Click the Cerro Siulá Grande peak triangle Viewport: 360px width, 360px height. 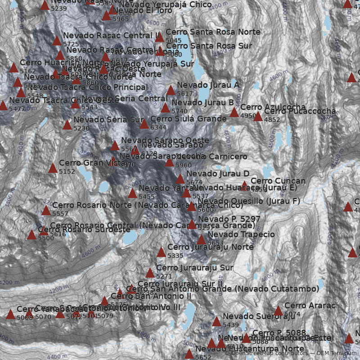pos(144,124)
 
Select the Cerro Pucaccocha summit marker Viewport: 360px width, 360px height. pos(258,117)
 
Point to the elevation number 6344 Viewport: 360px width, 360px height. pos(158,127)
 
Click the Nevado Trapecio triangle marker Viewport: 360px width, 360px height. pos(201,240)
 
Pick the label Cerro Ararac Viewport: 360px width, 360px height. pos(310,306)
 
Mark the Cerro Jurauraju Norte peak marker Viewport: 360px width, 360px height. pos(161,252)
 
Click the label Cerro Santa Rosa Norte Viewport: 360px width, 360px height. pos(213,32)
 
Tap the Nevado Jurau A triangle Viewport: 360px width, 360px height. pos(171,90)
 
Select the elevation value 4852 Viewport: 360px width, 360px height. pos(272,120)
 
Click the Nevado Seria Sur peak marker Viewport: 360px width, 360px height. pos(67,125)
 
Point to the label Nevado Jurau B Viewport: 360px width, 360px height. pos(202,103)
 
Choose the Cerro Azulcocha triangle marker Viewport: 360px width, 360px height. pos(234,112)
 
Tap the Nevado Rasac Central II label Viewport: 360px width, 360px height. pos(112,36)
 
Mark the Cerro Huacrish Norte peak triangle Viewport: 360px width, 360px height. pos(14,68)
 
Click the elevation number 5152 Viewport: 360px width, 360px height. pos(67,171)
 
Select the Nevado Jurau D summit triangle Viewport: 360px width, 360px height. pos(180,179)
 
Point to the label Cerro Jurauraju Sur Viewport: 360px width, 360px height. pos(194,268)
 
